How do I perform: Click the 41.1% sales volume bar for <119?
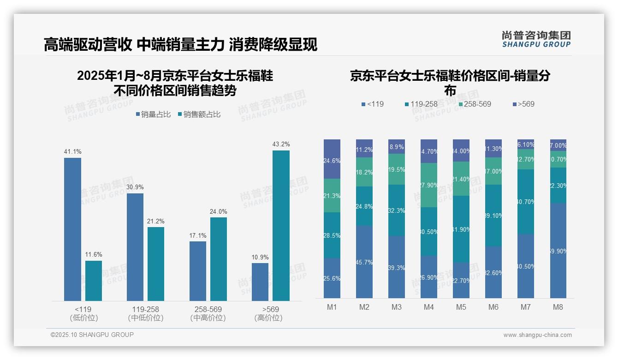72,229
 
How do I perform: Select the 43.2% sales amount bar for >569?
281,226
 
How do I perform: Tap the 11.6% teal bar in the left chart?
94,281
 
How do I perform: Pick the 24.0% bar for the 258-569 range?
219,259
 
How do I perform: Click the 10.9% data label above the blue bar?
260,257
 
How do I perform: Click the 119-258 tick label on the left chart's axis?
146,309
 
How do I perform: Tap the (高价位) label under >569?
268,318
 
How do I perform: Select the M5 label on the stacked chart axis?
461,307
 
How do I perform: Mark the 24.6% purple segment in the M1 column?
332,159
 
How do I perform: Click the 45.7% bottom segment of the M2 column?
364,262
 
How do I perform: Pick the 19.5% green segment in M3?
397,169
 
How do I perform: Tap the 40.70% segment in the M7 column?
525,201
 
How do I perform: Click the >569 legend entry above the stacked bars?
523,104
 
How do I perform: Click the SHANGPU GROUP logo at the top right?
536,39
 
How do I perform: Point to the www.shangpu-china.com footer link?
537,335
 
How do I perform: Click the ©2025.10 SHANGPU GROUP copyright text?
92,335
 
